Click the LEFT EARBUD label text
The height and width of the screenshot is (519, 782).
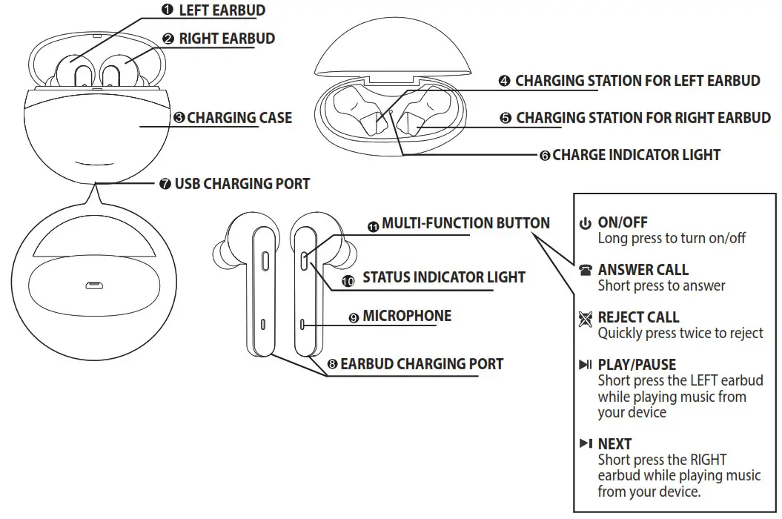(x=222, y=10)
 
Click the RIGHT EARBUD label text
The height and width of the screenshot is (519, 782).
(x=227, y=39)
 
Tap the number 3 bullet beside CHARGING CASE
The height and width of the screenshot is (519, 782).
(x=179, y=118)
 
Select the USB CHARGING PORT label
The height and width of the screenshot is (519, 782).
(x=242, y=183)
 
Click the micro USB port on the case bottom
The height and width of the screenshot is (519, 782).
(x=94, y=285)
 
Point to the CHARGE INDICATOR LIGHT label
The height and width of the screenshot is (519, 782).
(x=636, y=155)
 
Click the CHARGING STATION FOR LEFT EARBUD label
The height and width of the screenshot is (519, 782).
(x=637, y=81)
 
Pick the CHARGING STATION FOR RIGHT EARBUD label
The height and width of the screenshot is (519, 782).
(x=643, y=118)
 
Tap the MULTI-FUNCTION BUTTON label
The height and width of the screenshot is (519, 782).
(x=465, y=223)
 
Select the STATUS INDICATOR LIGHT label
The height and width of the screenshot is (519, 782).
(x=443, y=277)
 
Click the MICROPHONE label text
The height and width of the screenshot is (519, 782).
(x=406, y=316)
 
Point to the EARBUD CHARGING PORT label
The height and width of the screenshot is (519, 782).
(x=421, y=364)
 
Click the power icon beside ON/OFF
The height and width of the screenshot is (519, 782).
(x=586, y=223)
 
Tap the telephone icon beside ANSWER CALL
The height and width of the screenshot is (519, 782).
(x=586, y=271)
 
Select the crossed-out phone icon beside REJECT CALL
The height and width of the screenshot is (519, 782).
(x=586, y=318)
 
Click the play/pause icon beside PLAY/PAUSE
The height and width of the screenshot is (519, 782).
(x=586, y=365)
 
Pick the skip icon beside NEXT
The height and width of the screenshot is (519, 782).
(x=586, y=443)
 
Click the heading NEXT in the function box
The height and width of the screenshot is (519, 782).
(x=614, y=443)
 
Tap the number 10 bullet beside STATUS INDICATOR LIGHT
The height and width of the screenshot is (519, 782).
(x=348, y=281)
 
